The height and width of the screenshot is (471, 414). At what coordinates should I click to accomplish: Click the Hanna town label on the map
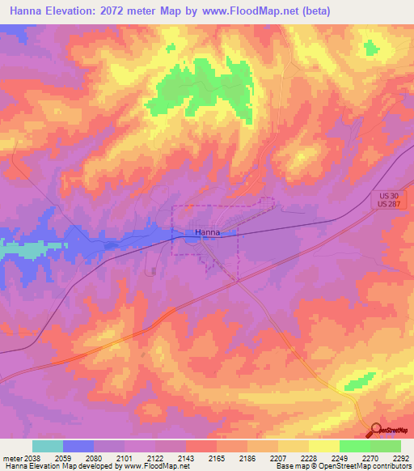pyautogui.click(x=207, y=232)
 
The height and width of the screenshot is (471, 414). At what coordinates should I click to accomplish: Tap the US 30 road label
pyautogui.click(x=389, y=197)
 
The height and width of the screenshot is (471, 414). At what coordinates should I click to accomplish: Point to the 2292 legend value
pyautogui.click(x=401, y=457)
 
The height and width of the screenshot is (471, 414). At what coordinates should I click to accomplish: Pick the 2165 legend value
pyautogui.click(x=217, y=457)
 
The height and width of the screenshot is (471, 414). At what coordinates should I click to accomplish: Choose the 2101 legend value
pyautogui.click(x=125, y=457)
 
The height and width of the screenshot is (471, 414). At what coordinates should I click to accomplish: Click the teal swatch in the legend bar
pyautogui.click(x=48, y=446)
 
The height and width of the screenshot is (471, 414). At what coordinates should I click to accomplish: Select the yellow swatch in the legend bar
pyautogui.click(x=324, y=446)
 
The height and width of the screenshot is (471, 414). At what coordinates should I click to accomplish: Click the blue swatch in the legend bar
pyautogui.click(x=78, y=446)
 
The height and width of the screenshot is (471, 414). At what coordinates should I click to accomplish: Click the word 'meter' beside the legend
pyautogui.click(x=11, y=457)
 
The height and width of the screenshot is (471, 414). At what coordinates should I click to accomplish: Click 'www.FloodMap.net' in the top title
pyautogui.click(x=244, y=12)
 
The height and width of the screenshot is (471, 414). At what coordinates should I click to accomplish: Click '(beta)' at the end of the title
pyautogui.click(x=313, y=12)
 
